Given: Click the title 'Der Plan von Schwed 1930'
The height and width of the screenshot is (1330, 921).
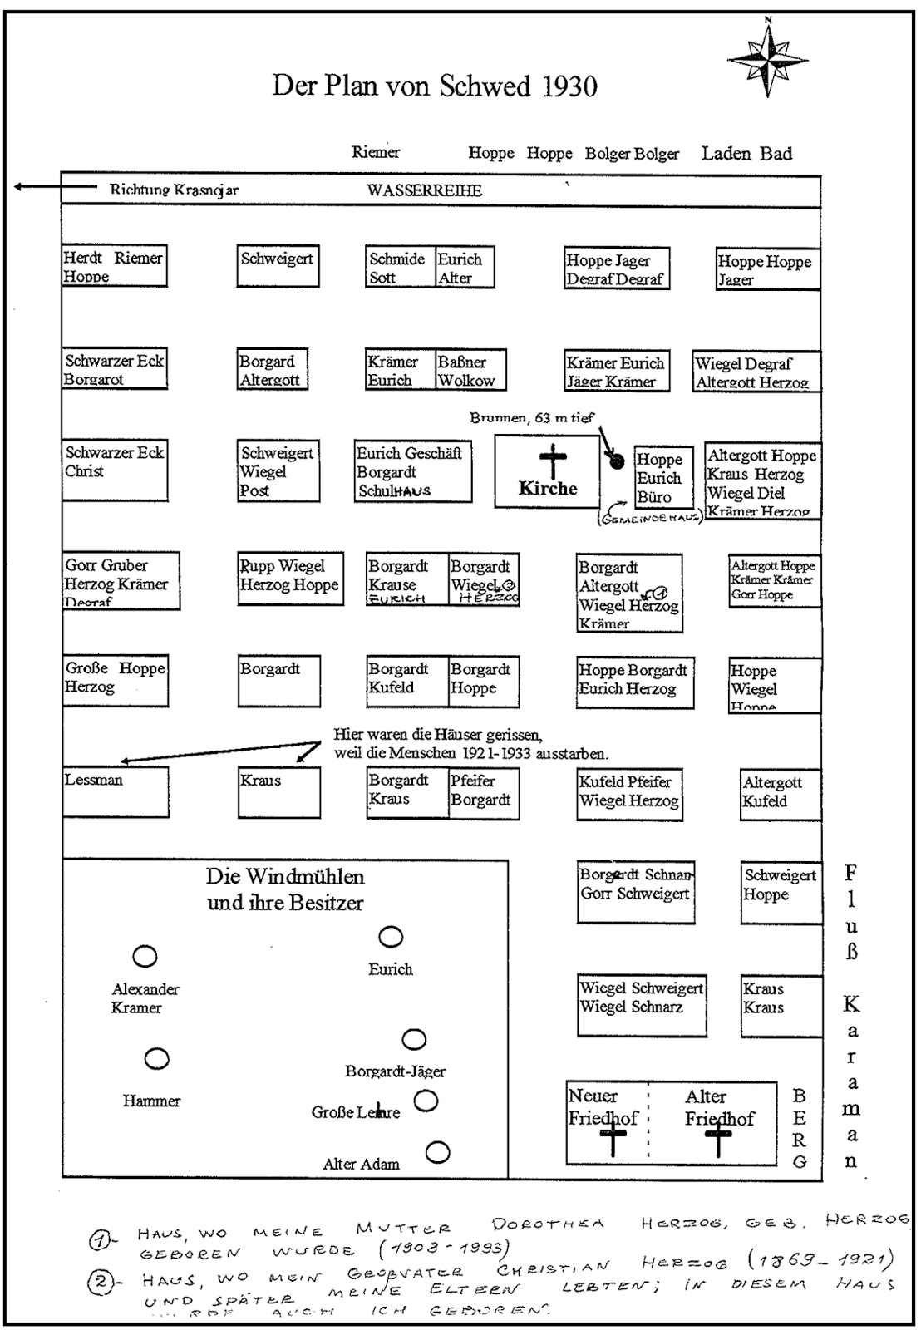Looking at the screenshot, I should (x=434, y=86).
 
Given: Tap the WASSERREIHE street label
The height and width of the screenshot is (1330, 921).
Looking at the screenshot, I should (x=424, y=190).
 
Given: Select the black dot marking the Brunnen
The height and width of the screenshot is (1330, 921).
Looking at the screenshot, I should (x=617, y=461).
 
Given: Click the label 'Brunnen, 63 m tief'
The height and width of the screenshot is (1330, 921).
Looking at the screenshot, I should (x=531, y=418).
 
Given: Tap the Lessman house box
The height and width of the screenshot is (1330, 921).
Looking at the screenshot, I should (x=116, y=792).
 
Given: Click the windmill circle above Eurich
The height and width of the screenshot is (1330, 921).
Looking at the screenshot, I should (x=391, y=938).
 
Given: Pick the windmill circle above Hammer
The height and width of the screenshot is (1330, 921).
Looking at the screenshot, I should (x=156, y=1059).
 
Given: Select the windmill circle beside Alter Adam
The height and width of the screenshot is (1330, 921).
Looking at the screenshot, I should (x=437, y=1153).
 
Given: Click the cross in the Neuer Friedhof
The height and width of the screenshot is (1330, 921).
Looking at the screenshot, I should (x=613, y=1140).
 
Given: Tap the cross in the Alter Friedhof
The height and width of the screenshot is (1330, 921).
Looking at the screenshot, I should (x=718, y=1140).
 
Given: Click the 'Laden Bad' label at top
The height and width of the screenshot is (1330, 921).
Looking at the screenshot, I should (x=746, y=153).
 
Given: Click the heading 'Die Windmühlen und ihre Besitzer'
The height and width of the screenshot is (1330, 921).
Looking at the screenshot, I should (x=285, y=889).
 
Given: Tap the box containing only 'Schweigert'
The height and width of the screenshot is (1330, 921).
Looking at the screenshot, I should (x=278, y=266).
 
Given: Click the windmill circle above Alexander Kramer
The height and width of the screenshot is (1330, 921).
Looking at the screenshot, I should (x=145, y=957).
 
